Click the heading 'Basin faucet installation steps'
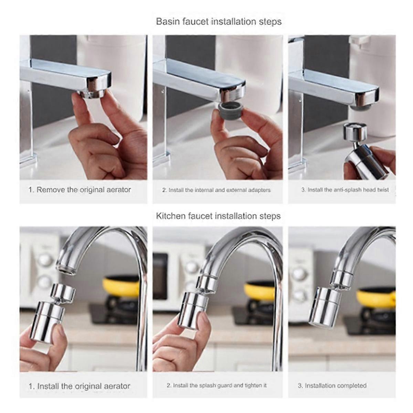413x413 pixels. (219, 22)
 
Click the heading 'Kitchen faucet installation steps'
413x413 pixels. (218, 216)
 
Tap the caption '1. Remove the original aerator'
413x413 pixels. (80, 190)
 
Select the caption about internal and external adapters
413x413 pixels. (216, 190)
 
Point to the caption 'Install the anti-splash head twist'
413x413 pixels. (345, 190)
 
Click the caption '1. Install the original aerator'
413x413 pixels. (79, 386)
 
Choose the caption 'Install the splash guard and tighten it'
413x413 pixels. (216, 385)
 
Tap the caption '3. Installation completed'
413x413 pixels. (332, 386)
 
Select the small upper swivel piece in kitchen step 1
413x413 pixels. (63, 292)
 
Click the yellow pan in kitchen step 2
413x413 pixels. (260, 291)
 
